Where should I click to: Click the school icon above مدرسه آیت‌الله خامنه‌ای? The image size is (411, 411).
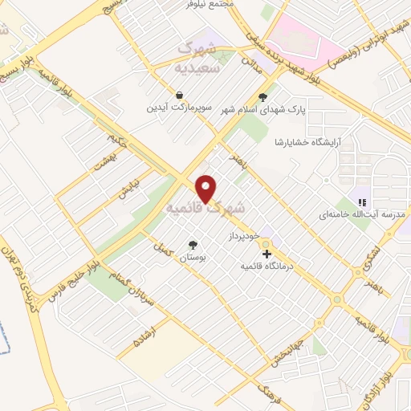pos(361,201)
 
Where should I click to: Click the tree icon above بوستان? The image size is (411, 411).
pos(193,245)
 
